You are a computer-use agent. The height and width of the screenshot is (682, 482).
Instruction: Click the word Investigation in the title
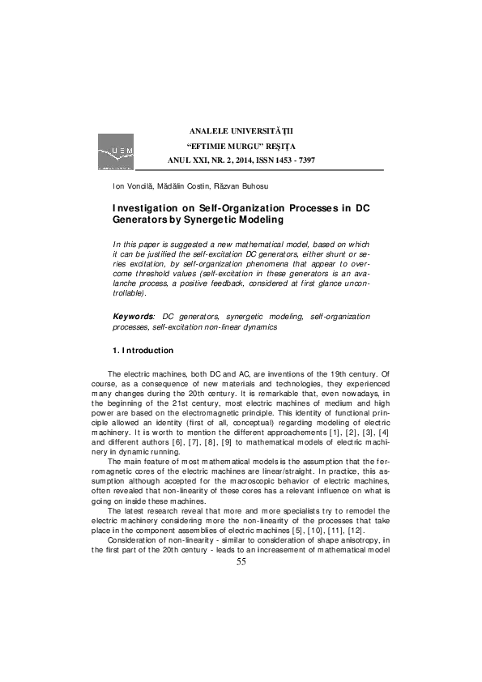[x=146, y=207]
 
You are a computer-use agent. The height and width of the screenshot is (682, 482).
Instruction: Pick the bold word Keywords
[x=133, y=316]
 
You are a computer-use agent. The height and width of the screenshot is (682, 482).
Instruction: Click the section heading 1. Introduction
[x=143, y=350]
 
